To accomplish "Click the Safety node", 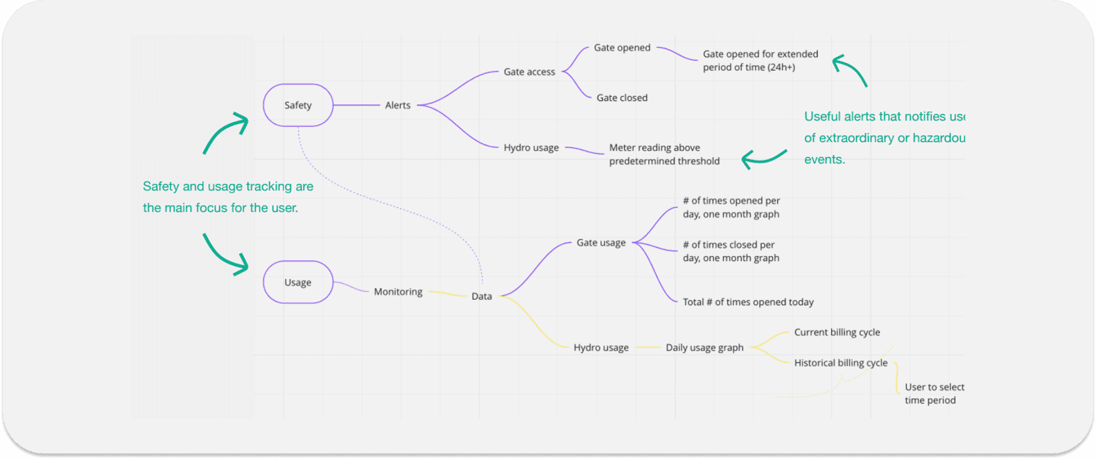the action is (298, 105).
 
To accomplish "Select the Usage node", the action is (298, 282).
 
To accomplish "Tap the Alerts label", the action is (398, 105).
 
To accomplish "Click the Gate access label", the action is (529, 72).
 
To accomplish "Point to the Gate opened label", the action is (622, 48).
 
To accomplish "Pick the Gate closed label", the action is (622, 98).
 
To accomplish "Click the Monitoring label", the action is (398, 292).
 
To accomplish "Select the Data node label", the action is (482, 296).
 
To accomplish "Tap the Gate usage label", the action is (601, 243).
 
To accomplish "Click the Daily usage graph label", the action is (704, 348).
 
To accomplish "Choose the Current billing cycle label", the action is (837, 332).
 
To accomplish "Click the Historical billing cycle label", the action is (840, 363).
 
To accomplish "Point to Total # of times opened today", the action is (748, 303).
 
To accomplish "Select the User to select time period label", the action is (933, 393).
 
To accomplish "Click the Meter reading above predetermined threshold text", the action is (663, 154).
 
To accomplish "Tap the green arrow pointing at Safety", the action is (226, 132).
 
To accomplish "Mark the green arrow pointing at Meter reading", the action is (763, 159).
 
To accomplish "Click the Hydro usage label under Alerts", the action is (531, 148).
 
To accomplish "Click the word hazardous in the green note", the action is (939, 138).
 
